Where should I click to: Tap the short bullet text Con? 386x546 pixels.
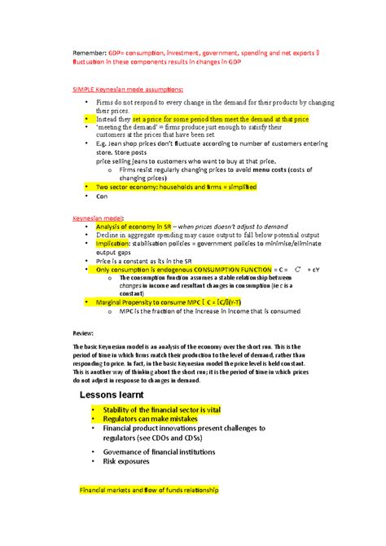[102, 196]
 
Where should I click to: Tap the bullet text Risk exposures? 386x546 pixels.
[127, 461]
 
